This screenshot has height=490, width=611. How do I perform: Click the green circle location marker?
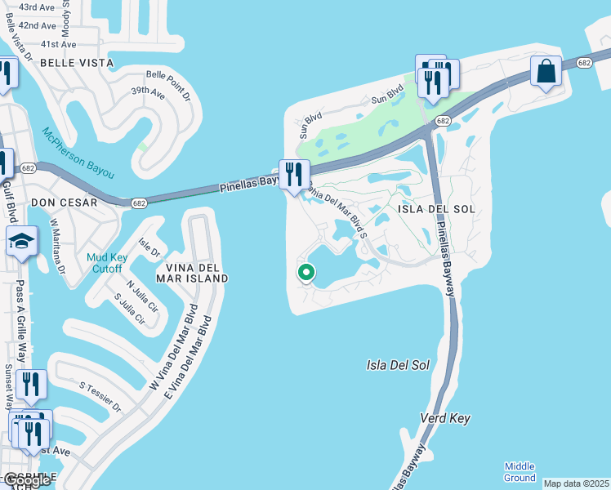tap(306, 273)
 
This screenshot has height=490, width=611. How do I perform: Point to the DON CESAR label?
tap(64, 202)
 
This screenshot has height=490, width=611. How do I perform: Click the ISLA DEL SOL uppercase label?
tap(436, 209)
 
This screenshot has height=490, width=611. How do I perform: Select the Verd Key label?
tap(445, 418)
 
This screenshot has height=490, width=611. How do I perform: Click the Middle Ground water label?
tap(520, 471)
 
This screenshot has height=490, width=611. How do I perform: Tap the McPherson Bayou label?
tap(78, 153)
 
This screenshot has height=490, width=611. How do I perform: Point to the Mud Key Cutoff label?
tap(105, 264)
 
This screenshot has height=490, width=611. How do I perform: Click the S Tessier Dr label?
tap(100, 395)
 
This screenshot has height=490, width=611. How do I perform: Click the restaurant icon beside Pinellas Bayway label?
tap(292, 174)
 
